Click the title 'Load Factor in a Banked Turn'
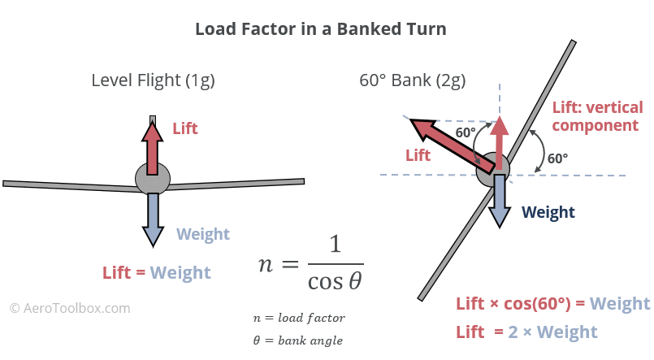320,29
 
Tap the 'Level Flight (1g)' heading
153,80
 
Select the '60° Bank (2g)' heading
412,80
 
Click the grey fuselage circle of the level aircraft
152,179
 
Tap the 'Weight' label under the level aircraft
203,235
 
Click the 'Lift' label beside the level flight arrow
184,128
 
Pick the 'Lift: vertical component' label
596,116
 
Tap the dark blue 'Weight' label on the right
548,213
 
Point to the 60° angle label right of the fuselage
557,158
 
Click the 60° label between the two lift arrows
466,132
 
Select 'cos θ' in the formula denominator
335,280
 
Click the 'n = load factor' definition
298,318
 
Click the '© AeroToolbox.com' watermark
70,309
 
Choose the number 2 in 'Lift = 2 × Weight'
513,332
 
